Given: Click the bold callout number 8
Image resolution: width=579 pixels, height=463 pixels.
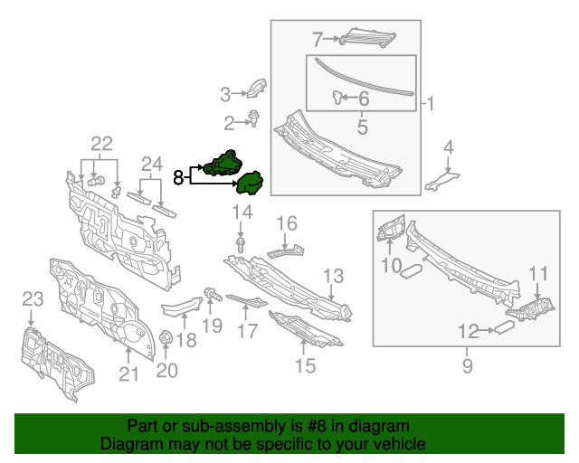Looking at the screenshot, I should pyautogui.click(x=178, y=177).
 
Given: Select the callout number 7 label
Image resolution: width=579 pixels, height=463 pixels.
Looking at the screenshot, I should pyautogui.click(x=318, y=39).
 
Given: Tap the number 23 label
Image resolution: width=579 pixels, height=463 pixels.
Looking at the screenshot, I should pyautogui.click(x=32, y=298).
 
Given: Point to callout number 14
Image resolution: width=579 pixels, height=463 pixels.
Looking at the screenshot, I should pyautogui.click(x=242, y=213).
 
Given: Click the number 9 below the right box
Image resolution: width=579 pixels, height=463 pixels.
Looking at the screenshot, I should pyautogui.click(x=467, y=366).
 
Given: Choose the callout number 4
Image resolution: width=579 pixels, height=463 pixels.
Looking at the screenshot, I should pyautogui.click(x=448, y=146).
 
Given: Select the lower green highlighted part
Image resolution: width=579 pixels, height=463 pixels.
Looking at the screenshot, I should pyautogui.click(x=249, y=184).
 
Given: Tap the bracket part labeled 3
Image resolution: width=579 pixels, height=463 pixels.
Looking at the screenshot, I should pyautogui.click(x=256, y=88).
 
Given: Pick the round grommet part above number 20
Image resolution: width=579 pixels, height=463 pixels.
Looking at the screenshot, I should pyautogui.click(x=166, y=338).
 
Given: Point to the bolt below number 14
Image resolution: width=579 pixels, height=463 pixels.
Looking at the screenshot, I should pyautogui.click(x=242, y=244).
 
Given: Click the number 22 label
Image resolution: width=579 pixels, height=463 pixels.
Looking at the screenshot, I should pyautogui.click(x=101, y=144).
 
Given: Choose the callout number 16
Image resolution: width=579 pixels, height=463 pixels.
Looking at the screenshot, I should pyautogui.click(x=286, y=222).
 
